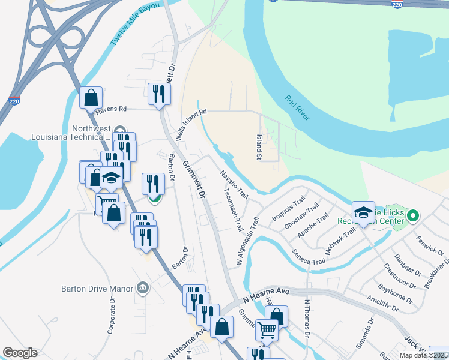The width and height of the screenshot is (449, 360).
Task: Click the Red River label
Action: point(298,107)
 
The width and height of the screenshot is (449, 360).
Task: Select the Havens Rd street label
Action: point(114,109)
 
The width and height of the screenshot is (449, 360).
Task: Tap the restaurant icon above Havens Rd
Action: point(159,93)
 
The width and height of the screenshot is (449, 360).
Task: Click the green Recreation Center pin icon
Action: point(412,215)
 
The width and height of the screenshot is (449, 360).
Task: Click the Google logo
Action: point(20,353)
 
